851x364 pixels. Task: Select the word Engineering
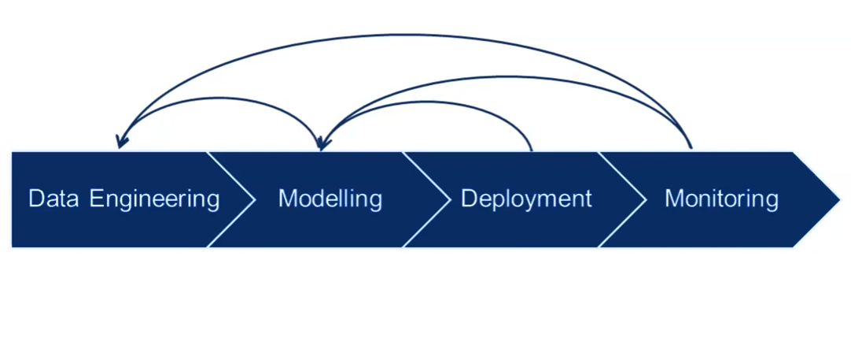click(x=155, y=199)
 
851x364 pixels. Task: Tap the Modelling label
click(x=330, y=199)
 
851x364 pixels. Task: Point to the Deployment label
click(x=526, y=199)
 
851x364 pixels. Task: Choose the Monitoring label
click(x=721, y=199)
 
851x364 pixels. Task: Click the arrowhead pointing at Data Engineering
click(x=120, y=142)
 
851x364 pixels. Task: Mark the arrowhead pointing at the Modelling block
click(x=321, y=143)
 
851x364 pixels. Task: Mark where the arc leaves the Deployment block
click(x=532, y=148)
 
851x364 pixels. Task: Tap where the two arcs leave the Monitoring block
click(x=691, y=147)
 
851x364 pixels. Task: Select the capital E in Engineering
click(x=96, y=199)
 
